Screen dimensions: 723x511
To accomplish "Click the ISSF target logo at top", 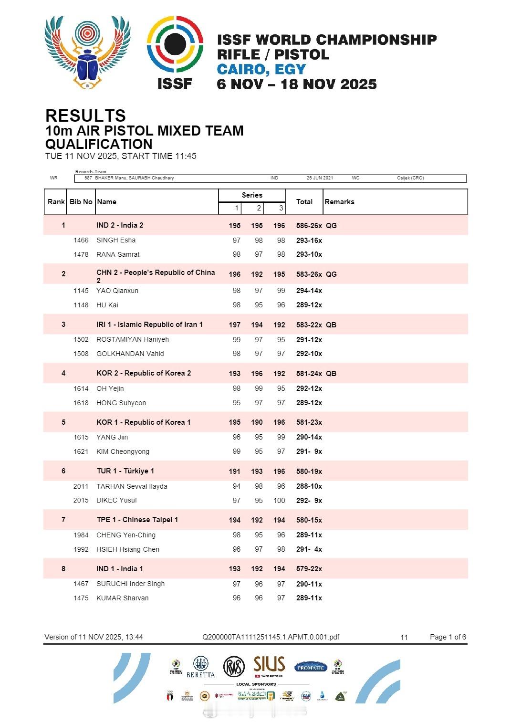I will (175, 52).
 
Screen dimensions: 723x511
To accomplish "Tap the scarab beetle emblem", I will (88, 52).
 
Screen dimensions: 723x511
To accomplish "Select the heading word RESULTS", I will (85, 115).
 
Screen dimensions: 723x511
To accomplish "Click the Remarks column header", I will (339, 202).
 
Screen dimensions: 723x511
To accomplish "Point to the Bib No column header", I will (81, 202).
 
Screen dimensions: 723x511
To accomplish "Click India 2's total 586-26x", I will (309, 226).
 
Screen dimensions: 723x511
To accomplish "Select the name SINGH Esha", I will (116, 240).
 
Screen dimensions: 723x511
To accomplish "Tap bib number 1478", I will (81, 254).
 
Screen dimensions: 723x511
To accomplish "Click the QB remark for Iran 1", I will (331, 325).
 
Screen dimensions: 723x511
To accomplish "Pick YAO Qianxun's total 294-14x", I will (309, 291).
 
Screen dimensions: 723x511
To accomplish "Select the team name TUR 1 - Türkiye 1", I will (125, 471).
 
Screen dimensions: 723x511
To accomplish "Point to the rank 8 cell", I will (63, 569).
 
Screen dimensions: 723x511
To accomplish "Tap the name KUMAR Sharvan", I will (122, 598).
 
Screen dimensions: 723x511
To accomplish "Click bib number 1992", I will (81, 549).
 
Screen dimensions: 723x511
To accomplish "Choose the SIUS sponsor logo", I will (269, 665).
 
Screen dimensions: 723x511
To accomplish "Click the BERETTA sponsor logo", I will (200, 667).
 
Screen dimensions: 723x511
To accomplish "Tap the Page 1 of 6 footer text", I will (448, 637).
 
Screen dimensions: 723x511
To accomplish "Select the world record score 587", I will (88, 178).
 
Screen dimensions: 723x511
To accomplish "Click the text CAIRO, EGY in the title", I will (261, 69).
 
